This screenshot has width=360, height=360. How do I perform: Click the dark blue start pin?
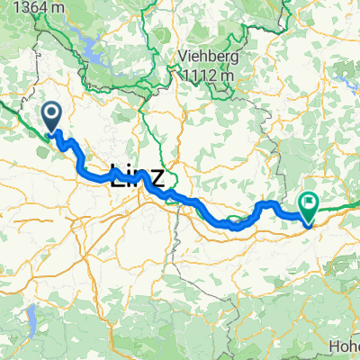tap(50, 115)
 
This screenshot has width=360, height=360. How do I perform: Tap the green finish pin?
tap(308, 206)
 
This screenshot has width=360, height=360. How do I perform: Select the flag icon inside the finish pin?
tap(308, 202)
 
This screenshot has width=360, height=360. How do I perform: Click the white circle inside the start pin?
tap(50, 112)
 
